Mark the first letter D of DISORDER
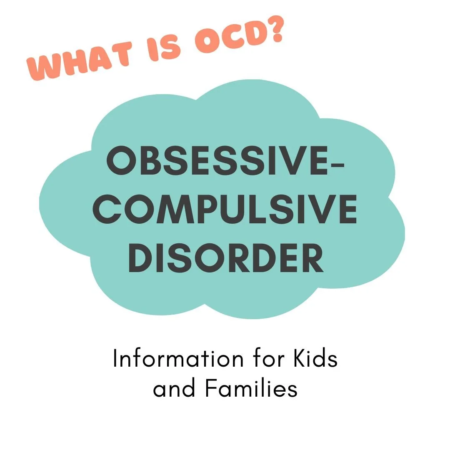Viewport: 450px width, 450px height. [x=140, y=258]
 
